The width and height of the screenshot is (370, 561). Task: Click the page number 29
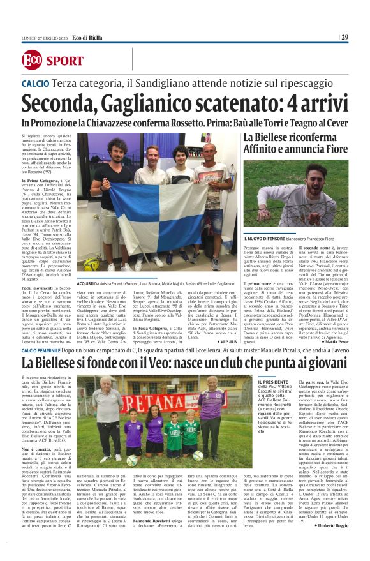tap(344, 37)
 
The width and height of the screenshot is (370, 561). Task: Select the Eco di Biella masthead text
tap(89, 37)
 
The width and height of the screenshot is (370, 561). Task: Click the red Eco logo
tap(31, 61)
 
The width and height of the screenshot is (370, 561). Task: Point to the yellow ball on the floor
tap(89, 264)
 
